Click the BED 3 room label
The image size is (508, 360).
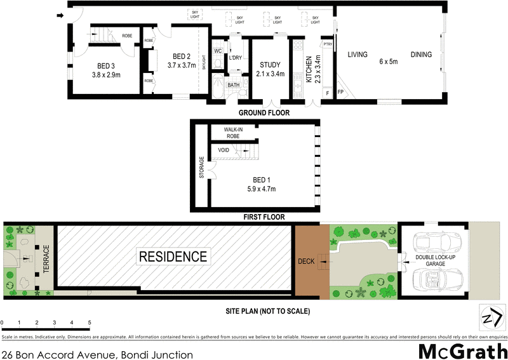pyautogui.click(x=105, y=65)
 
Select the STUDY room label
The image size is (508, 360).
pyautogui.click(x=271, y=65)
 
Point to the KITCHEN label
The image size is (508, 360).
pyautogui.click(x=309, y=69)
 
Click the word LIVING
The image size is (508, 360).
pyautogui.click(x=358, y=55)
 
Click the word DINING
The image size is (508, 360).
pyautogui.click(x=421, y=55)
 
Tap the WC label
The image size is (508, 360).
pyautogui.click(x=217, y=51)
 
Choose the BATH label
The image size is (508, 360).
pyautogui.click(x=233, y=85)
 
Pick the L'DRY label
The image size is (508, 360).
pyautogui.click(x=236, y=58)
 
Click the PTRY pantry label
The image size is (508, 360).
pyautogui.click(x=328, y=44)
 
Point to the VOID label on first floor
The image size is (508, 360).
pyautogui.click(x=224, y=150)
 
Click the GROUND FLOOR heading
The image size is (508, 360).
pyautogui.click(x=264, y=113)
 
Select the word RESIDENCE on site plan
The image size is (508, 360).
pyautogui.click(x=173, y=257)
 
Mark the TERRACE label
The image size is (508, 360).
pyautogui.click(x=46, y=261)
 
